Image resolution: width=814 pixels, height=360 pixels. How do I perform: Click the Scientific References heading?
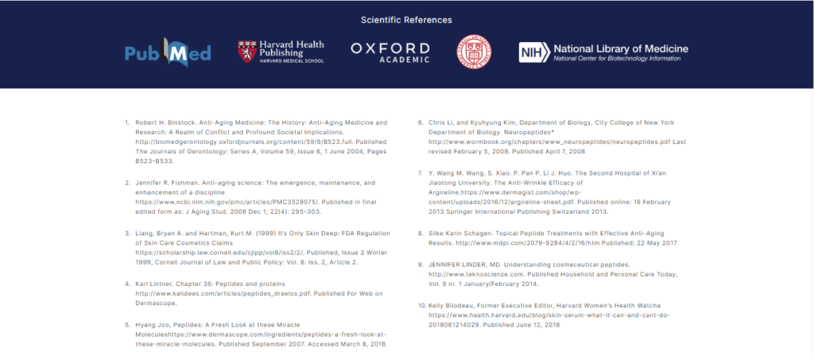pyautogui.click(x=406, y=20)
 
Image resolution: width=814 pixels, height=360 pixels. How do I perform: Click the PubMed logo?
pyautogui.click(x=157, y=53)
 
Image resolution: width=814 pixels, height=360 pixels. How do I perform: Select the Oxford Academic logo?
pyautogui.click(x=390, y=52)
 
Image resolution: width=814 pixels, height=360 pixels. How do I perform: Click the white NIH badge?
pyautogui.click(x=531, y=52)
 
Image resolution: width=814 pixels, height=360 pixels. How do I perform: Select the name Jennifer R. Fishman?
pyautogui.click(x=165, y=183)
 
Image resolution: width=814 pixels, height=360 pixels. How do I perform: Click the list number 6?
pyautogui.click(x=421, y=122)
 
